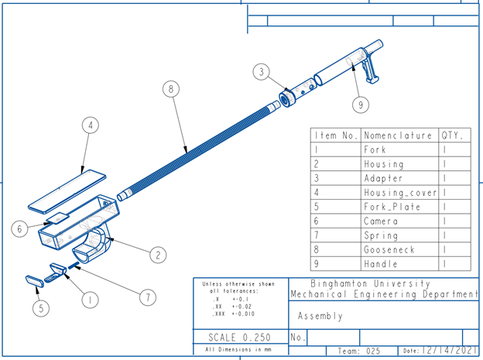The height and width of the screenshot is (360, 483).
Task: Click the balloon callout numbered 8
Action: click(x=170, y=89)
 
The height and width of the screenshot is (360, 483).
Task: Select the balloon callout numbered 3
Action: click(x=262, y=73)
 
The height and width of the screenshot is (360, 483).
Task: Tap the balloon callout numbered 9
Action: click(x=361, y=102)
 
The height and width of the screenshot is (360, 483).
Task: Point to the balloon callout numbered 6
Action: click(x=21, y=228)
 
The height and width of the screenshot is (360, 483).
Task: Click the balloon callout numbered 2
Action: click(x=157, y=253)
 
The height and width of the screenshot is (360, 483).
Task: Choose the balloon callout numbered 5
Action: click(x=43, y=308)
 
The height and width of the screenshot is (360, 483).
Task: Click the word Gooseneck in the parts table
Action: click(x=389, y=250)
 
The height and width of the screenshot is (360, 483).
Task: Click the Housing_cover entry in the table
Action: click(x=400, y=192)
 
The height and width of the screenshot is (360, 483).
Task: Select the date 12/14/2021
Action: click(x=450, y=351)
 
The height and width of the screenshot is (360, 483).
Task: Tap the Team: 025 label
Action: click(x=361, y=351)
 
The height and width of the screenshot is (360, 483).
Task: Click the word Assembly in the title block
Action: click(x=320, y=316)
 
